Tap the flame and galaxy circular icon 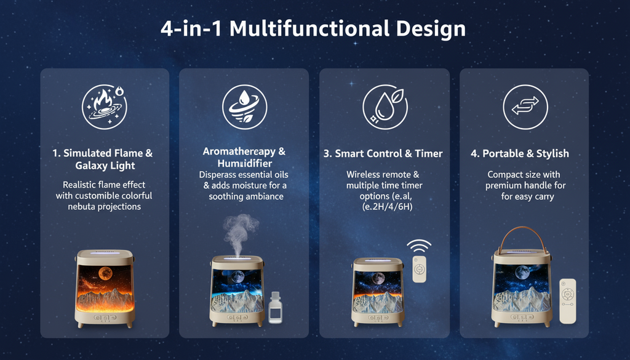[x=105, y=106]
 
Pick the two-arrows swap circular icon [x=525, y=106]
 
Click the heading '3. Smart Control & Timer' [x=383, y=154]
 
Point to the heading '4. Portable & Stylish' [x=520, y=154]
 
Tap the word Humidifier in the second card [x=244, y=164]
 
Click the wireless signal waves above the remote [x=419, y=247]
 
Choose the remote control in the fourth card [x=567, y=301]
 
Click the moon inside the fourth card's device [x=522, y=271]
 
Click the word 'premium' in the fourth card [x=504, y=186]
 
